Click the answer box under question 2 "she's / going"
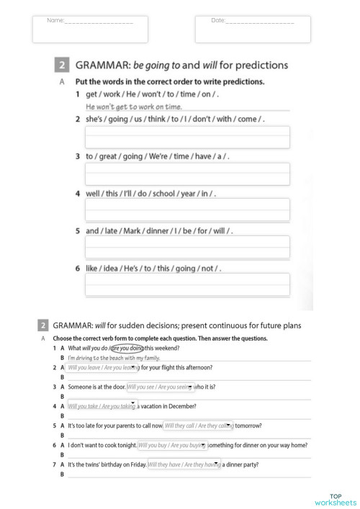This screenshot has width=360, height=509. click(187, 137)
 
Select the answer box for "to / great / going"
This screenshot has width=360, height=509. click(187, 174)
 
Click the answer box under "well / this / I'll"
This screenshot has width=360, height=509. click(187, 210)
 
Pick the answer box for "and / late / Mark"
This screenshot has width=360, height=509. click(187, 247)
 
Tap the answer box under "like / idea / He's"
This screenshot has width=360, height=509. click(187, 284)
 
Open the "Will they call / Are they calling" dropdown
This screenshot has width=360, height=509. click(199, 425)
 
